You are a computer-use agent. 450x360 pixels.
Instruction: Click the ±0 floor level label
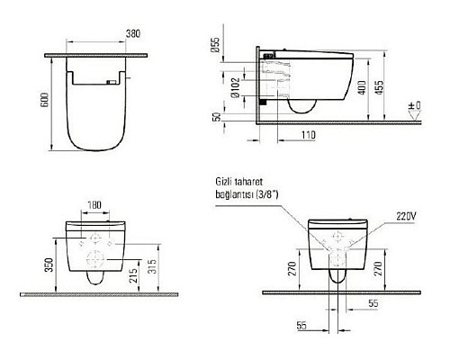click(x=415, y=106)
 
